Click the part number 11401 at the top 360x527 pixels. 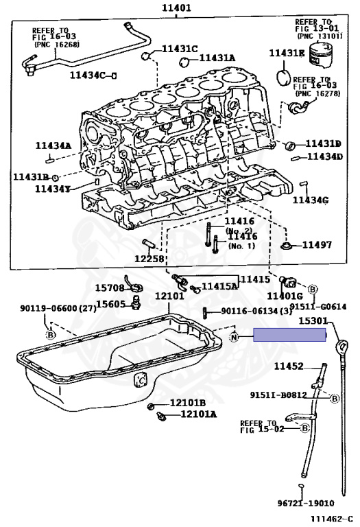pyautogui.click(x=176, y=8)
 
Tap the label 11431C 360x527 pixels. pyautogui.click(x=180, y=49)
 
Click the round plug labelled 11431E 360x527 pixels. pyautogui.click(x=284, y=78)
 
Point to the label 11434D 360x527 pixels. pyautogui.click(x=325, y=156)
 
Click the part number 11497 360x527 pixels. pyautogui.click(x=317, y=245)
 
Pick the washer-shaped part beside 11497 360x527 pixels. pyautogui.click(x=287, y=246)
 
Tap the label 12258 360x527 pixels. pyautogui.click(x=149, y=259)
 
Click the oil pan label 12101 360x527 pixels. pyautogui.click(x=169, y=296)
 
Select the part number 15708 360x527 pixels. pyautogui.click(x=110, y=288)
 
